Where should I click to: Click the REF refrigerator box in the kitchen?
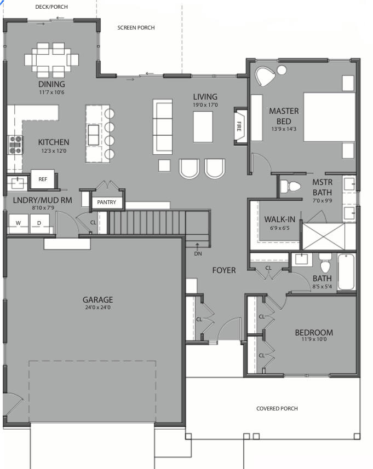coord(43,179)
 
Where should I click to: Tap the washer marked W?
coord(18,223)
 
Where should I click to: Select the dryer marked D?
coord(39,223)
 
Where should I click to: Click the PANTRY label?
coord(107,202)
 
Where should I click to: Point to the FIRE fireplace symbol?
coord(239,126)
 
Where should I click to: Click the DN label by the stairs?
coord(198,253)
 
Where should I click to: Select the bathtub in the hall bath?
coord(346,272)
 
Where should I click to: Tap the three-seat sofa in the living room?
coord(163,126)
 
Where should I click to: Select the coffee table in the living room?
coord(203,126)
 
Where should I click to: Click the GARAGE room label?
coord(97,299)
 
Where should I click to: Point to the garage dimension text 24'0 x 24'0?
coord(97,308)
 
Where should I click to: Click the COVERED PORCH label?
coord(277,409)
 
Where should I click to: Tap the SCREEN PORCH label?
coord(136,27)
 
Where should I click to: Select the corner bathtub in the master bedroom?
coord(266,76)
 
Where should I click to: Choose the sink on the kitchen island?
coord(94,134)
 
